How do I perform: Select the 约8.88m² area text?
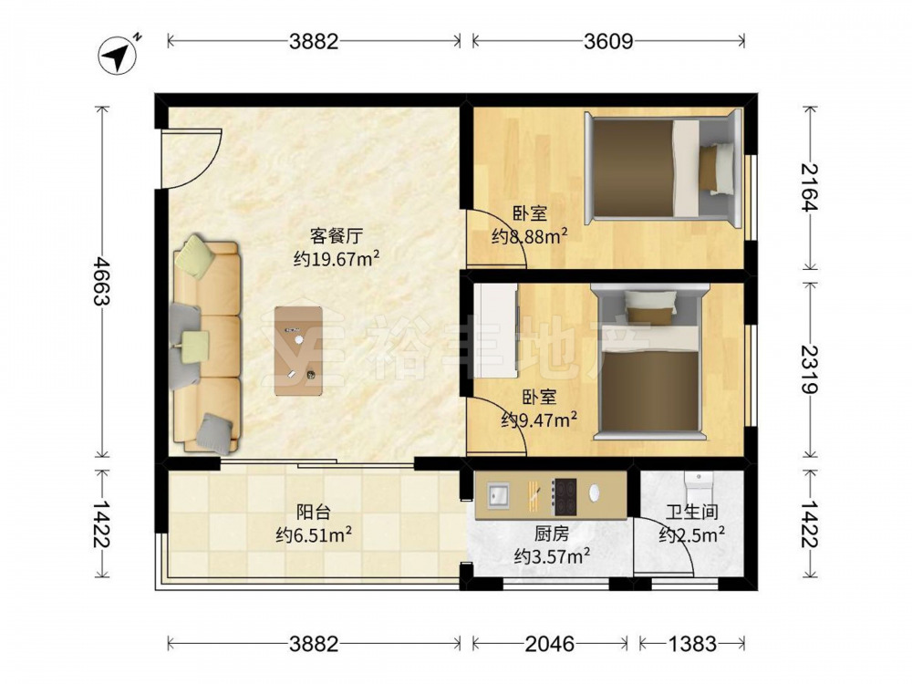click(x=530, y=237)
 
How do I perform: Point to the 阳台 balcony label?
click(x=313, y=512)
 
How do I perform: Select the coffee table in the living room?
click(x=300, y=350)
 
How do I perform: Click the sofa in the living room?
click(x=206, y=346)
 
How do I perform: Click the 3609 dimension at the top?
click(x=608, y=41)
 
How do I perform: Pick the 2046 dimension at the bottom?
click(x=549, y=644)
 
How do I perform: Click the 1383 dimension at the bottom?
click(x=692, y=644)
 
